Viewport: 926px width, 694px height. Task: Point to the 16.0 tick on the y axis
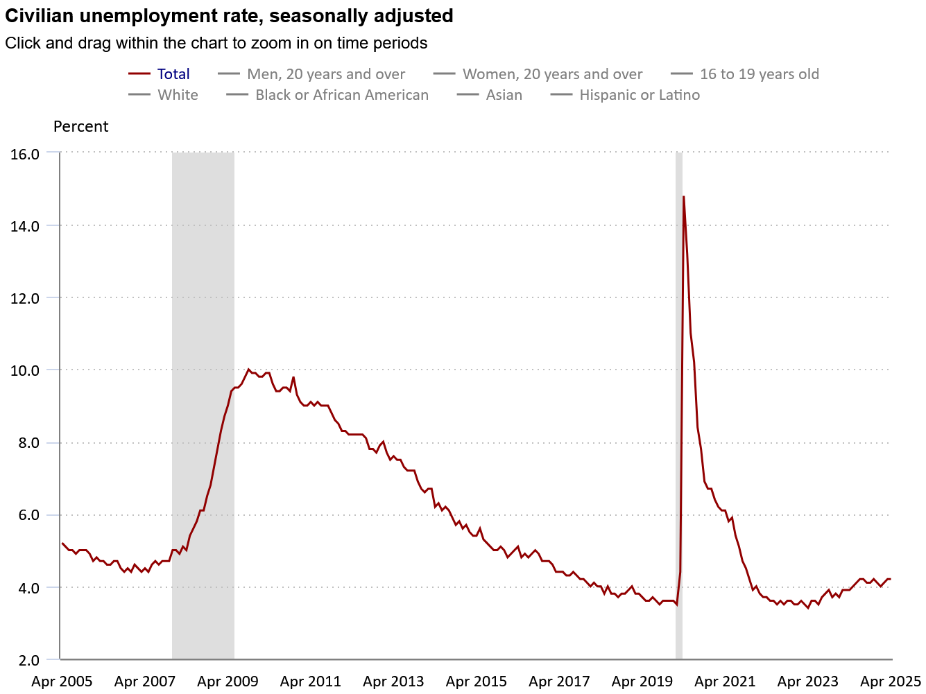(x=25, y=154)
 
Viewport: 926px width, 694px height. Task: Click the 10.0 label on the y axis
(x=25, y=370)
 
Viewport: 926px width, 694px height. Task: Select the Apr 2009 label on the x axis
(x=228, y=682)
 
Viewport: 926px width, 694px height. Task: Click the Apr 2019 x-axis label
(x=642, y=682)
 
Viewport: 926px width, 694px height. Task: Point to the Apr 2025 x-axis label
(x=891, y=682)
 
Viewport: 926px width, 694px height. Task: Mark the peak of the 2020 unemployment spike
(x=683, y=197)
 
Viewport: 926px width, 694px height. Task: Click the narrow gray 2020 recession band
(x=679, y=416)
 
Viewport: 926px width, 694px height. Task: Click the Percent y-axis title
(x=80, y=127)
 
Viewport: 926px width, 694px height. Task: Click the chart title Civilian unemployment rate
(x=229, y=16)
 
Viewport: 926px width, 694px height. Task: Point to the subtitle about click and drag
(x=216, y=43)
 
